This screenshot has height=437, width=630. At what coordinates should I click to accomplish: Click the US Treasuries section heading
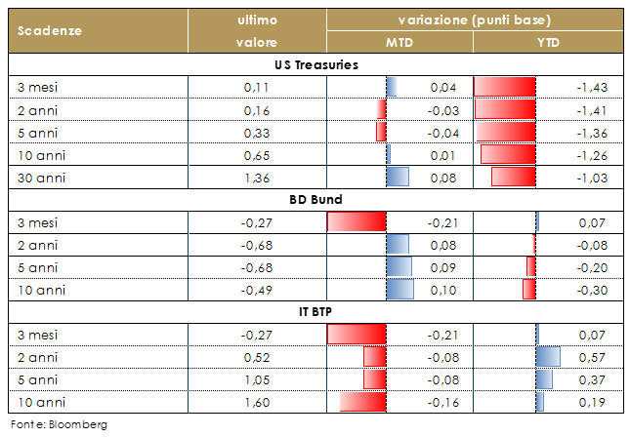coord(315,64)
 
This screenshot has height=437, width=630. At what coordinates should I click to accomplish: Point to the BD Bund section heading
coord(315,200)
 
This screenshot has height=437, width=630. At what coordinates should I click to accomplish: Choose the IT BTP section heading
coord(315,312)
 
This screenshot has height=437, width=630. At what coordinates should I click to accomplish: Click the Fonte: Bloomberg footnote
coord(58,424)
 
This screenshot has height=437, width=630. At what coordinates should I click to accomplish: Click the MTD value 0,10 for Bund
coord(443,290)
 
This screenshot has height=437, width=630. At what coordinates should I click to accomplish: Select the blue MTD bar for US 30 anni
coord(397,177)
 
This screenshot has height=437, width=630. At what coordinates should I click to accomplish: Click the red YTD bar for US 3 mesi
coord(505,88)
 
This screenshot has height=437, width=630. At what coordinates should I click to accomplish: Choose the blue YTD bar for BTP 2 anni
coord(547,357)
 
